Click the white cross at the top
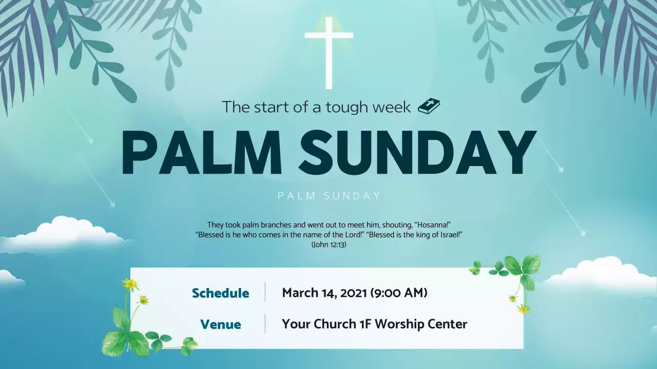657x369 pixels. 328,51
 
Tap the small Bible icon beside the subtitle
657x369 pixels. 429,106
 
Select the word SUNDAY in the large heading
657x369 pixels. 417,153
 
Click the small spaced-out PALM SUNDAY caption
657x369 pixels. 329,196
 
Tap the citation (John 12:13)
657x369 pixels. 329,245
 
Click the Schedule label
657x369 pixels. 221,293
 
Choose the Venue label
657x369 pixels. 221,324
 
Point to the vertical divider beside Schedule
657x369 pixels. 265,292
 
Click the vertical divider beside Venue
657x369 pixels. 265,323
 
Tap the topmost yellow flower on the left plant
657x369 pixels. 130,284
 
